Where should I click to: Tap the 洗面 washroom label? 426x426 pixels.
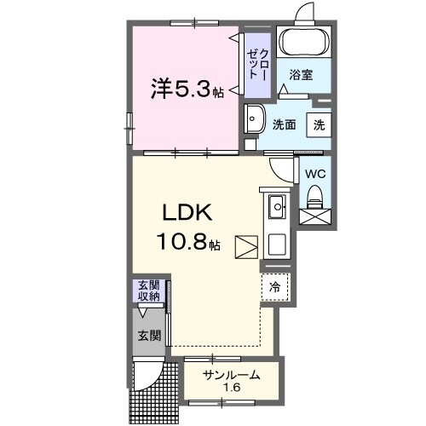284,124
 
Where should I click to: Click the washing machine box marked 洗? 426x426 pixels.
318,124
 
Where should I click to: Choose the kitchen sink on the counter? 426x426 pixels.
277,207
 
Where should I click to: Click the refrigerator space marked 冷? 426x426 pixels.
275,287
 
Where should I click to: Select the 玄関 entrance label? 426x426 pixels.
149,336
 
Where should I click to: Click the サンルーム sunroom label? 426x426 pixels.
231,375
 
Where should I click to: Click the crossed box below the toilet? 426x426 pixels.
314,216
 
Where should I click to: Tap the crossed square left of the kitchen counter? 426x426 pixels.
246,247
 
